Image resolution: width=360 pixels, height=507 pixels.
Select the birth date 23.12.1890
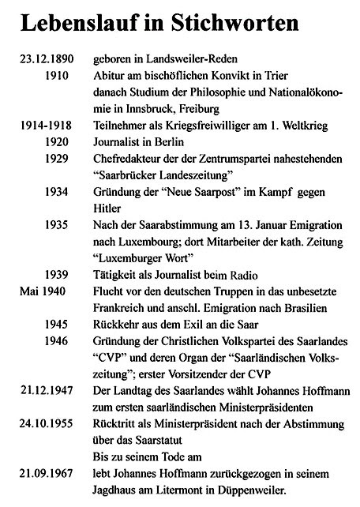point(44,61)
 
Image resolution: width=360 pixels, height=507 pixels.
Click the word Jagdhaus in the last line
point(119,490)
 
